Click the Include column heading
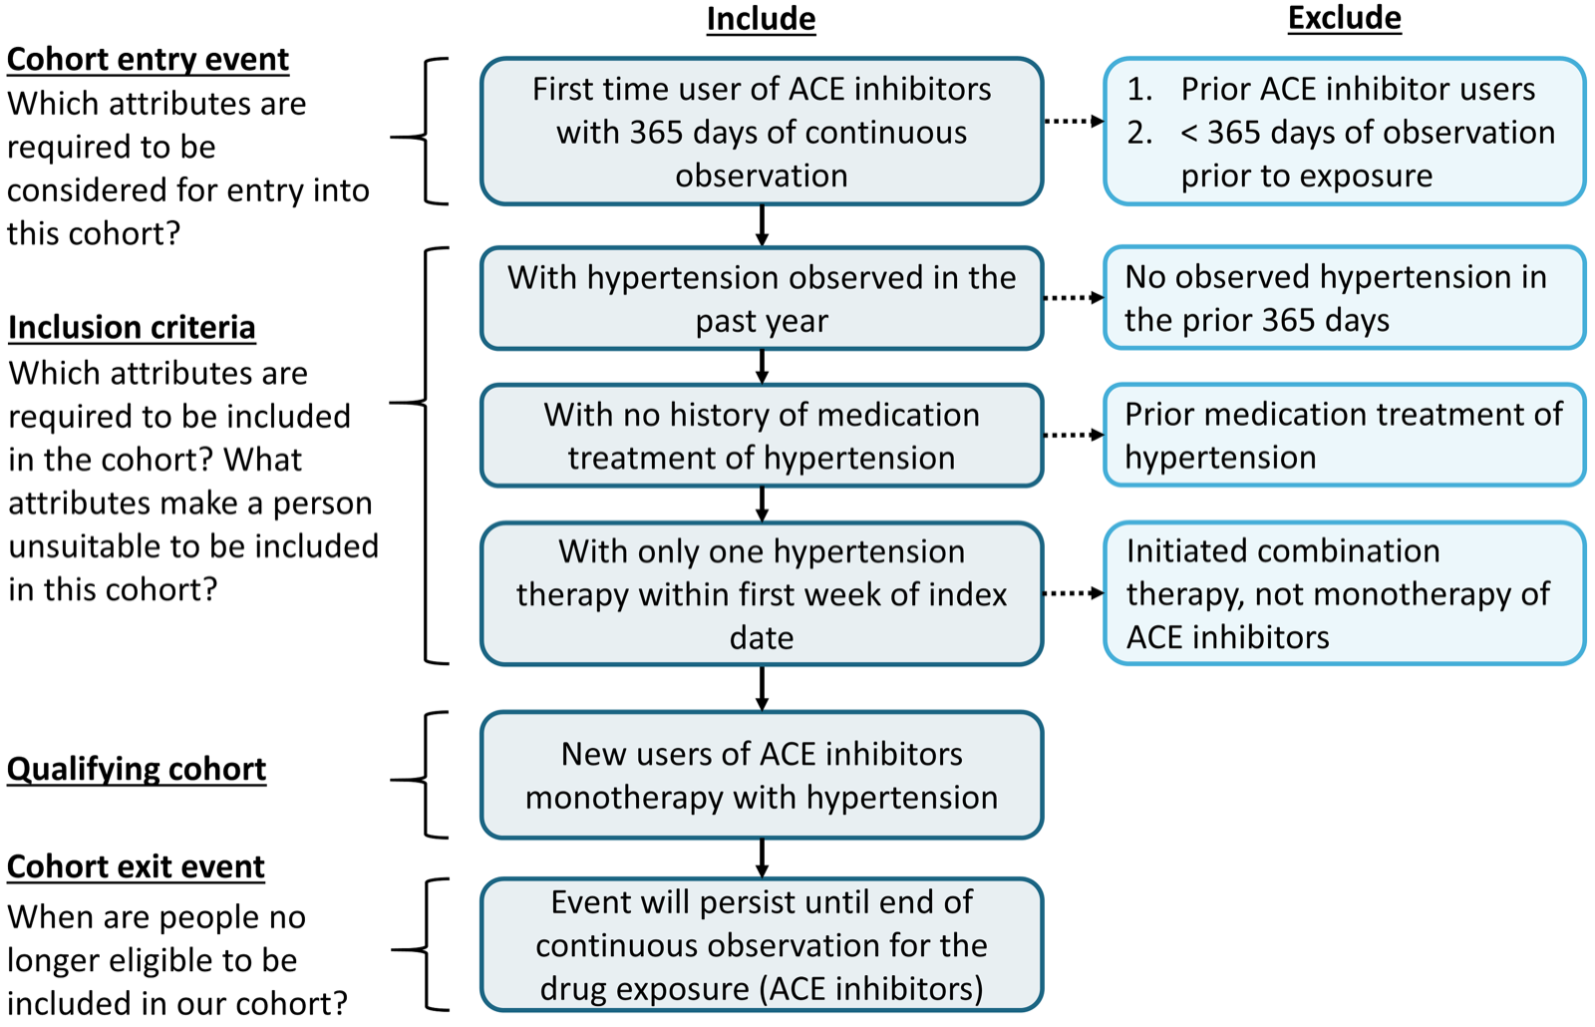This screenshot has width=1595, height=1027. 761,19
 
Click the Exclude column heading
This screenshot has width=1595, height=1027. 1344,18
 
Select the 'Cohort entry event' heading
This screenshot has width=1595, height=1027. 148,60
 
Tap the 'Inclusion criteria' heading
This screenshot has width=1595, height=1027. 132,327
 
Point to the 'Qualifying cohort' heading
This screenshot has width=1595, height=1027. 137,769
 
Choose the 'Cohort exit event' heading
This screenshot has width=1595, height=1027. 136,866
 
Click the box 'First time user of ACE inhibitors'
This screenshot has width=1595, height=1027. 762,132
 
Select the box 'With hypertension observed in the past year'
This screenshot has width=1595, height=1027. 762,298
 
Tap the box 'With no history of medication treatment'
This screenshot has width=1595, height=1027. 762,436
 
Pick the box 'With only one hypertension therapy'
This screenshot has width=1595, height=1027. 762,593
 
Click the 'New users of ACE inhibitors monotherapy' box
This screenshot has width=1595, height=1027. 762,775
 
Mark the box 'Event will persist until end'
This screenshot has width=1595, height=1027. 762,944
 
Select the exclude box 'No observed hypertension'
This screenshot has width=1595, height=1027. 1344,298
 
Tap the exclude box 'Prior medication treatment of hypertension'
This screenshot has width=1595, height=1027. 1344,436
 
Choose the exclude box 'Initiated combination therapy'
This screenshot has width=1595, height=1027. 1344,593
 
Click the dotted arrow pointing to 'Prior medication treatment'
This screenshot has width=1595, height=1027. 1074,436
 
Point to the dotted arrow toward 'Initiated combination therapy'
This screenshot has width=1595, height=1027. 1074,593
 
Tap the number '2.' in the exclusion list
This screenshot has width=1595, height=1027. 1139,133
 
